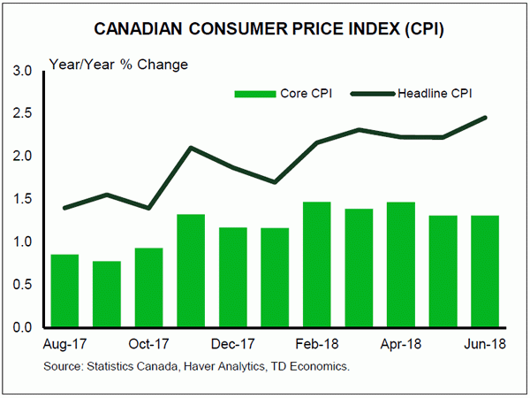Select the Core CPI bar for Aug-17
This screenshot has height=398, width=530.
pyautogui.click(x=65, y=291)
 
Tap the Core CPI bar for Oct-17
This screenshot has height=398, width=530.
pyautogui.click(x=148, y=287)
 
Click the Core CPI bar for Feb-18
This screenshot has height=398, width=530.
pyautogui.click(x=316, y=264)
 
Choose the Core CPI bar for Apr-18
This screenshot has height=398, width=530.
pyautogui.click(x=400, y=264)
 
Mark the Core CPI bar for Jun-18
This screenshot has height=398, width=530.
pyautogui.click(x=484, y=272)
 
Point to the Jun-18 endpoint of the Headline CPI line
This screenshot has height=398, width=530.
pyautogui.click(x=484, y=118)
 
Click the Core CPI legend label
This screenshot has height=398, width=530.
pyautogui.click(x=305, y=93)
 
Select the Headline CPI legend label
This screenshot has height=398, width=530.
pyautogui.click(x=437, y=93)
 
